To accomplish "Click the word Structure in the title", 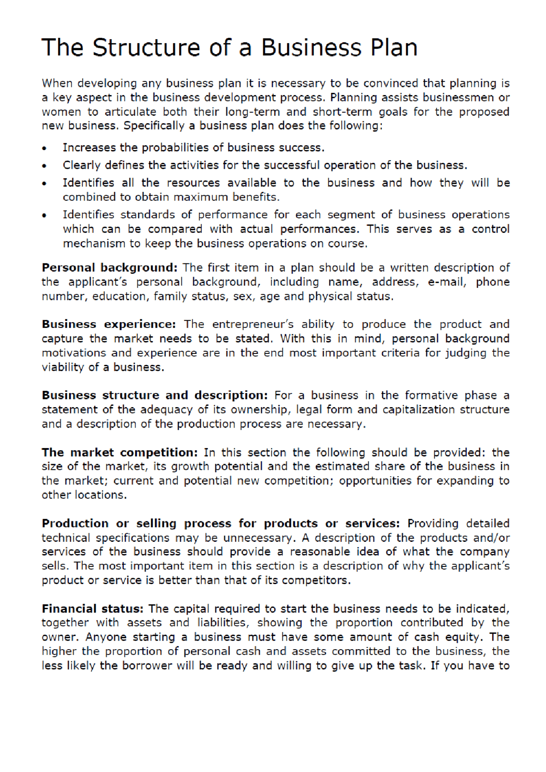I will (x=146, y=47).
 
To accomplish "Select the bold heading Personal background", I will (x=109, y=268).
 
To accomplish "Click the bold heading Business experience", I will (x=108, y=324).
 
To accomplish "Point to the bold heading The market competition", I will (x=120, y=452).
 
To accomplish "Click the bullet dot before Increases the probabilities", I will (x=44, y=149).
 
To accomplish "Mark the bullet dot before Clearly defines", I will (x=44, y=166).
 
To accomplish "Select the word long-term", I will (x=253, y=112).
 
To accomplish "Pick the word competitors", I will (x=316, y=581).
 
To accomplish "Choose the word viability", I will (x=63, y=367).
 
